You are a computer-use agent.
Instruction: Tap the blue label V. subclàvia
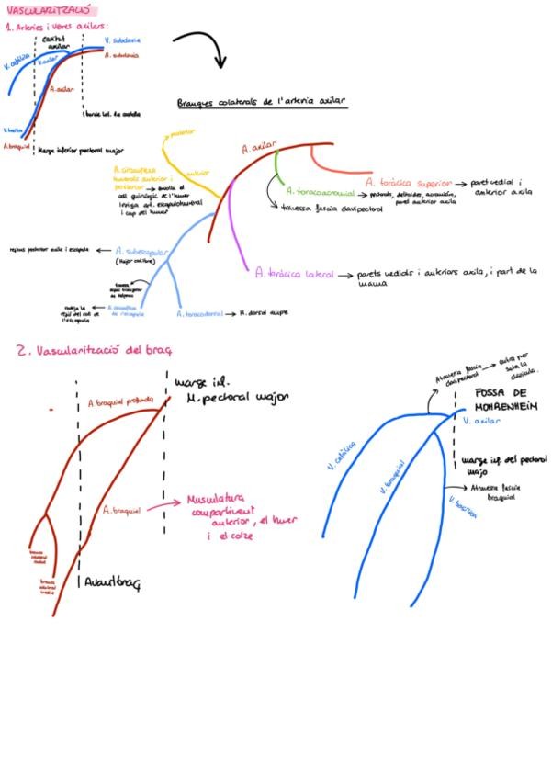(123, 40)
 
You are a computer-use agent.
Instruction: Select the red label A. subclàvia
(121, 55)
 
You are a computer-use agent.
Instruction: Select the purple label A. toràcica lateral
(294, 273)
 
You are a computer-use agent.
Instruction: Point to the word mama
(368, 284)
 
